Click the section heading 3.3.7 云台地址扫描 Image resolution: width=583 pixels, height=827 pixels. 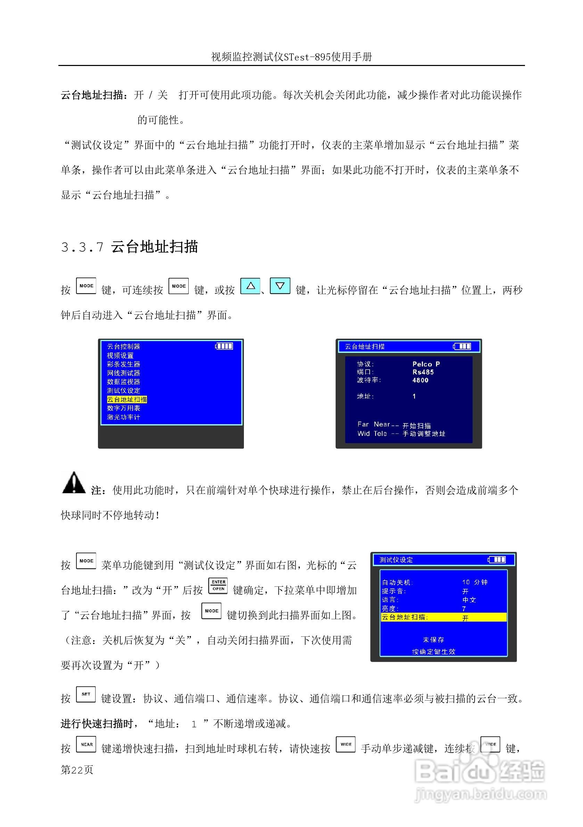point(129,247)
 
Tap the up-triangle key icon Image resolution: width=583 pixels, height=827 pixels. point(250,286)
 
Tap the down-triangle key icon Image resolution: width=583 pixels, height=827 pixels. point(280,286)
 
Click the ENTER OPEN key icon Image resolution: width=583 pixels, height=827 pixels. point(218,585)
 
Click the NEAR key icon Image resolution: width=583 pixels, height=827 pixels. point(86,744)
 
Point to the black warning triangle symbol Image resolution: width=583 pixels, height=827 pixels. point(74,483)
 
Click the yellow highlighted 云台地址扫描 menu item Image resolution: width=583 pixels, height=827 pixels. point(127,399)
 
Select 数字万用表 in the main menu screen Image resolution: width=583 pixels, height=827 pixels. point(123,408)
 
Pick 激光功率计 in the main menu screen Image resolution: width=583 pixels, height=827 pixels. point(123,417)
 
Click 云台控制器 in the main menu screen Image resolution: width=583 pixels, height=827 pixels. point(123,347)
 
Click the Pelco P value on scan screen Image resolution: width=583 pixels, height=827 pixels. point(426,364)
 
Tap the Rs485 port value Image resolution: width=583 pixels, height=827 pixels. point(423,372)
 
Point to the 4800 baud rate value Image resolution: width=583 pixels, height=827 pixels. point(420,380)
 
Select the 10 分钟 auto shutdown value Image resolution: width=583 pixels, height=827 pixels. point(474,582)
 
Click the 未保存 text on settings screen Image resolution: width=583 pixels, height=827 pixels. point(434,639)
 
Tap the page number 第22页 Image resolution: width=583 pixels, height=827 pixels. point(77,770)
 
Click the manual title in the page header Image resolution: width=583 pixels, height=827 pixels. point(291,57)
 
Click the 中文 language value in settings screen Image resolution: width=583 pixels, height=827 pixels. point(469,600)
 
